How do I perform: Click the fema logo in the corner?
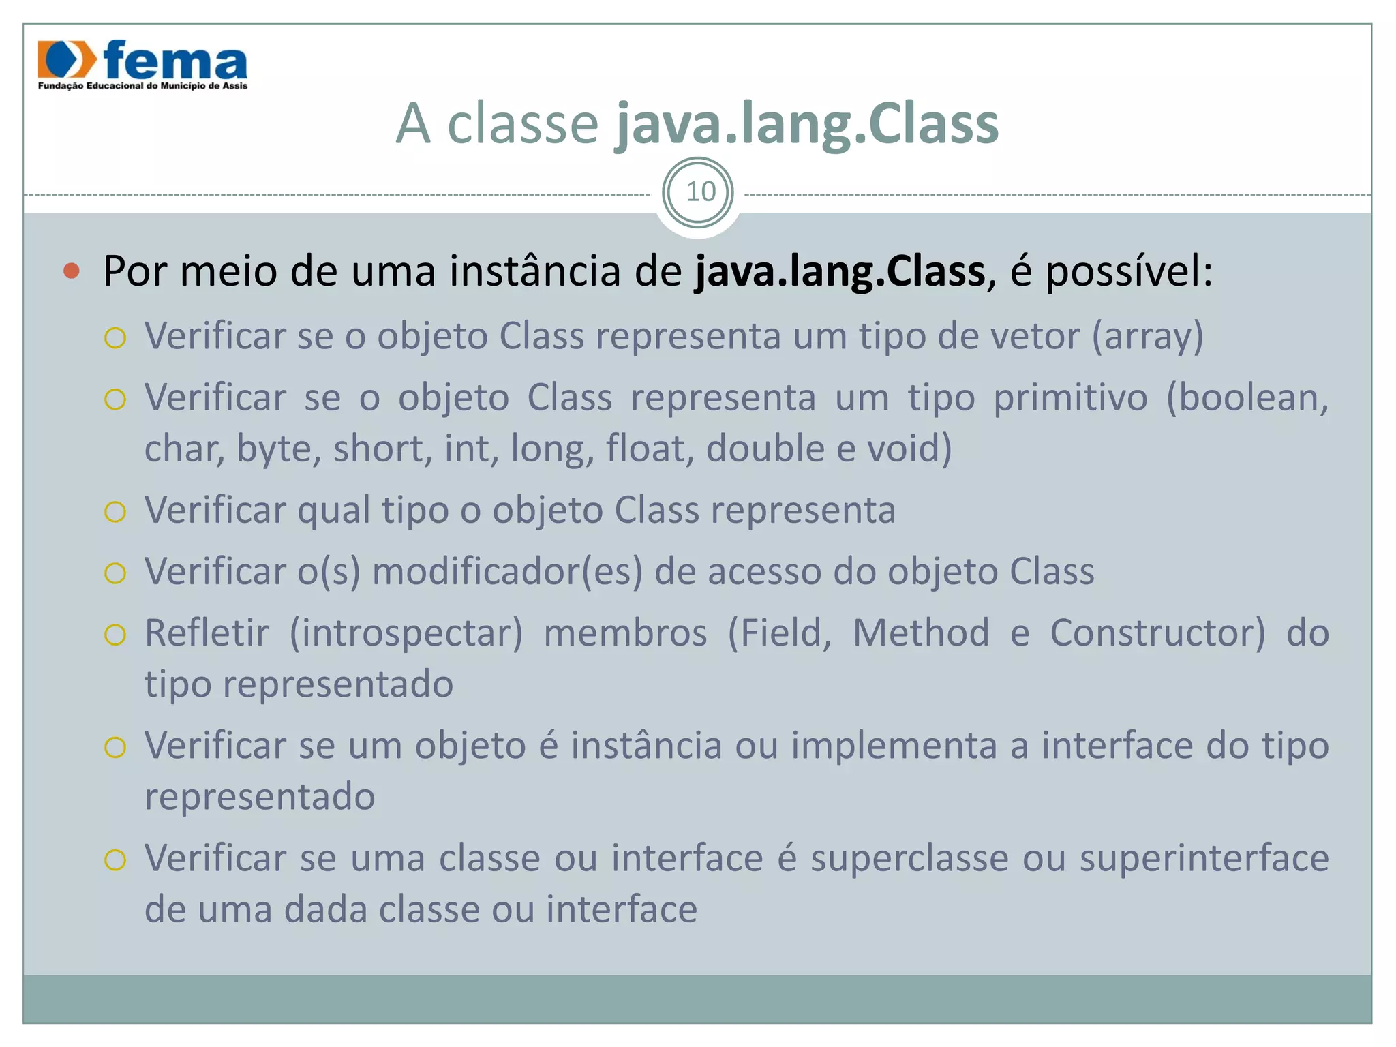[x=142, y=64]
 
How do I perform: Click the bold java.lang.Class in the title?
[x=806, y=124]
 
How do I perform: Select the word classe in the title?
[x=522, y=124]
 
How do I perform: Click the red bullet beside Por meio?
[x=72, y=271]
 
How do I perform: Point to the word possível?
[x=1128, y=271]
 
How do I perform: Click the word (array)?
[x=1147, y=336]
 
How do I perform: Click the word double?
[x=765, y=449]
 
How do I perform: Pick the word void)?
[x=909, y=449]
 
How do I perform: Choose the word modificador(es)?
[x=507, y=572]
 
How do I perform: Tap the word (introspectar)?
[x=406, y=633]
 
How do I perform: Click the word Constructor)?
[x=1157, y=633]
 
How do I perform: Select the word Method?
[x=921, y=633]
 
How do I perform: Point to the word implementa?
[x=894, y=746]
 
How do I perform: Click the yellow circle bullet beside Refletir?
[x=115, y=635]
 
